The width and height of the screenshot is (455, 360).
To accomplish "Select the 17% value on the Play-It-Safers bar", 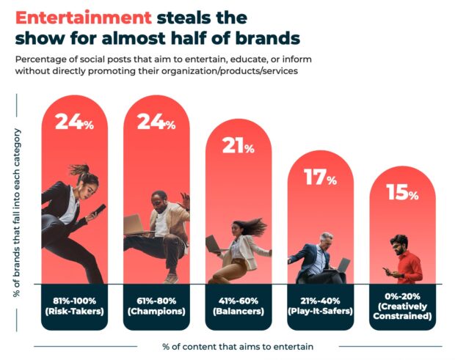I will click(x=321, y=177).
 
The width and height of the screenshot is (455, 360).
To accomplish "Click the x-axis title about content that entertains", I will click(x=234, y=345).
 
